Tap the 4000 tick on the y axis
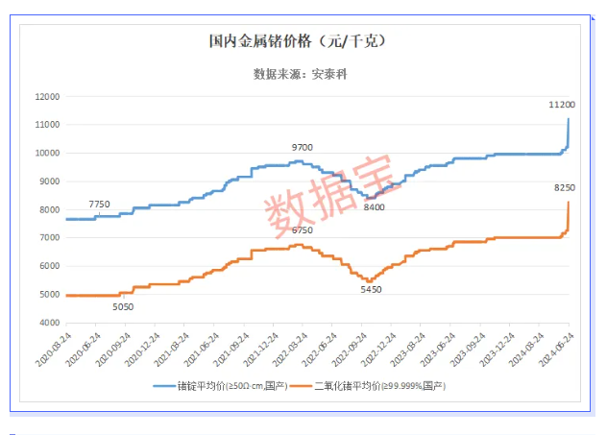[x=48, y=323]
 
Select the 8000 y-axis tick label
[x=48, y=209]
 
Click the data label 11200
[x=561, y=104]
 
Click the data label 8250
[x=564, y=189]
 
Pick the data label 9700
[x=303, y=147]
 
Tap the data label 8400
[x=374, y=206]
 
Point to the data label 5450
[x=371, y=289]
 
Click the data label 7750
[x=99, y=205]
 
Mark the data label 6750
[x=302, y=230]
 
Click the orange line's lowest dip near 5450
[x=369, y=280]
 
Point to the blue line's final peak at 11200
[x=569, y=118]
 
